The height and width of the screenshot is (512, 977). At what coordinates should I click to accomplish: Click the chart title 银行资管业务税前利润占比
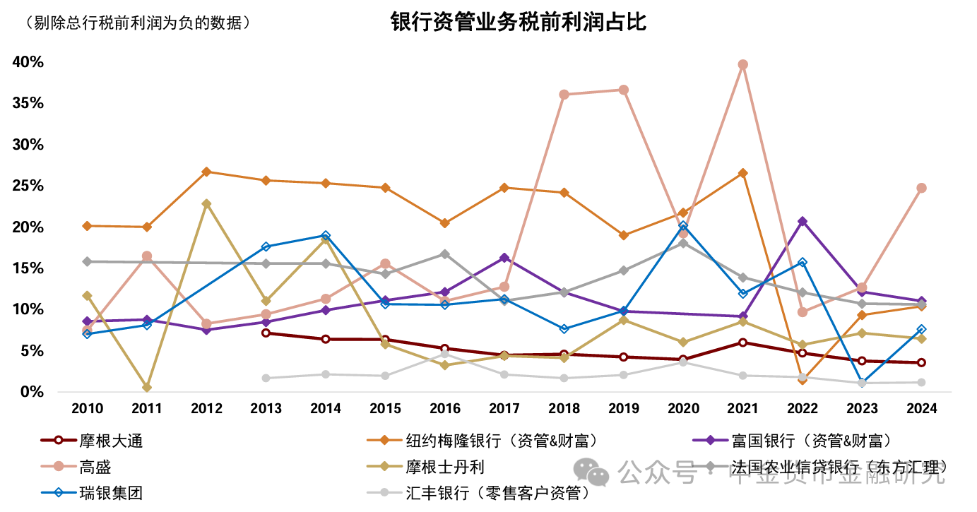(x=519, y=23)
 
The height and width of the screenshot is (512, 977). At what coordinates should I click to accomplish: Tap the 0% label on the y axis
(x=32, y=391)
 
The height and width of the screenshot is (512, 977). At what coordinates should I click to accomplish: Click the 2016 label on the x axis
(x=444, y=409)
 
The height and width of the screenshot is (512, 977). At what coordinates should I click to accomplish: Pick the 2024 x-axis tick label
(x=921, y=409)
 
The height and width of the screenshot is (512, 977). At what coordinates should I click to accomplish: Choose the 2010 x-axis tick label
(x=87, y=409)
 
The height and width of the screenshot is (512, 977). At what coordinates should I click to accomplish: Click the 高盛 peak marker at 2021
(x=742, y=64)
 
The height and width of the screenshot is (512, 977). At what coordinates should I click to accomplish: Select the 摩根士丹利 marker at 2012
(x=206, y=203)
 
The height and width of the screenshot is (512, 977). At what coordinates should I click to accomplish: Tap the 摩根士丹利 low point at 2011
(x=147, y=387)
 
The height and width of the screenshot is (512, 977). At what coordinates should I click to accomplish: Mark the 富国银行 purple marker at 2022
(x=802, y=221)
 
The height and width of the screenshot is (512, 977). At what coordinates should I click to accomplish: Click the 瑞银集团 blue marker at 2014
(x=325, y=235)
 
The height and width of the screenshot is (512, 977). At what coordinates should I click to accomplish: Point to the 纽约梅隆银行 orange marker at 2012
(x=206, y=172)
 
